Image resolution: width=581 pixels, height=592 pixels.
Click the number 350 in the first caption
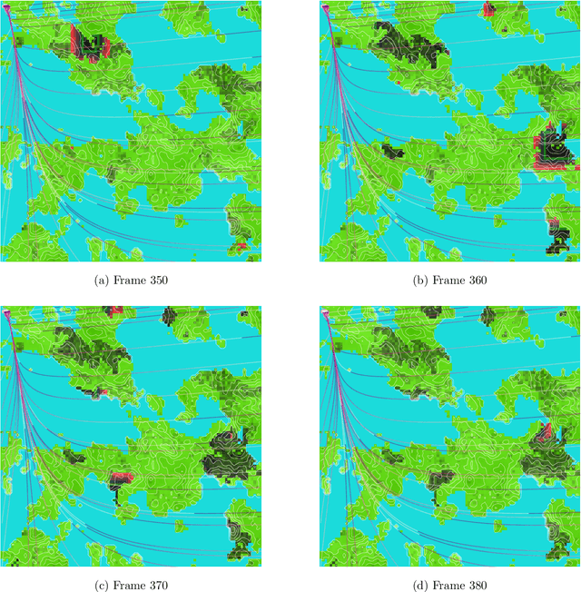[156, 280]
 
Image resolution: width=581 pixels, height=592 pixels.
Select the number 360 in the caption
[475, 280]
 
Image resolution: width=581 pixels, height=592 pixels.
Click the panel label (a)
[102, 280]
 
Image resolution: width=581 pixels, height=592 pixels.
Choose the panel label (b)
[420, 280]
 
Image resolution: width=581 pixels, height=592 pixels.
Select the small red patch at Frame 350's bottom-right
[241, 246]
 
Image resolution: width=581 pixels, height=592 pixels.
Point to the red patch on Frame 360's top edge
[488, 8]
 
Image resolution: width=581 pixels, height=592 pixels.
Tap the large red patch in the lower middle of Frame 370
[121, 477]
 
